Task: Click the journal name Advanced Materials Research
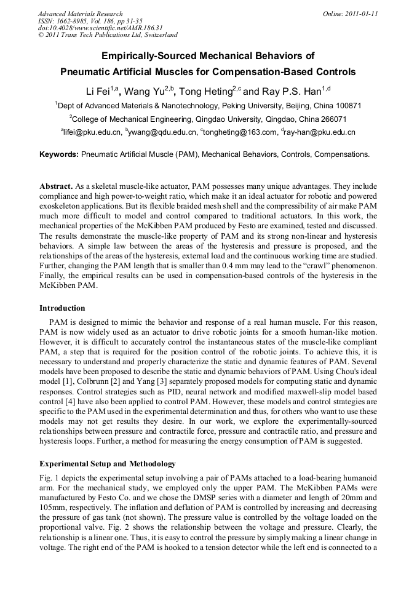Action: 80,14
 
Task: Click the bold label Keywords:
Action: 59,154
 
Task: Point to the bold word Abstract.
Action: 56,186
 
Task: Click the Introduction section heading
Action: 62,308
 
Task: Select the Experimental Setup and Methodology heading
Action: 108,464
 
